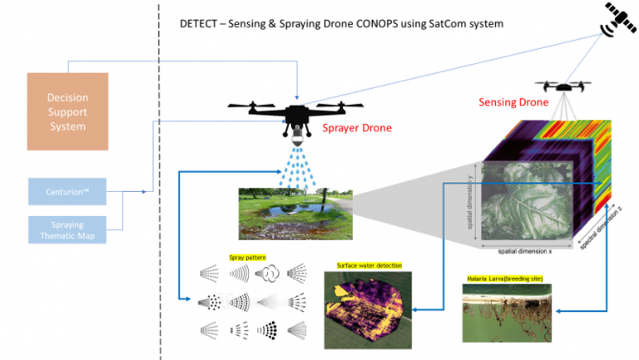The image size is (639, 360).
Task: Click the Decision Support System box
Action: pyautogui.click(x=67, y=111)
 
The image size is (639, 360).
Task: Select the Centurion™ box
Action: pyautogui.click(x=67, y=191)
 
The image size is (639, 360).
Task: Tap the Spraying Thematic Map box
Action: pyautogui.click(x=67, y=230)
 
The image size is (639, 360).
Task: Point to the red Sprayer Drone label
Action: pyautogui.click(x=356, y=128)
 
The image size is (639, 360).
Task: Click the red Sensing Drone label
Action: pyautogui.click(x=513, y=102)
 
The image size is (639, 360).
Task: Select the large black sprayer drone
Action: pyautogui.click(x=296, y=112)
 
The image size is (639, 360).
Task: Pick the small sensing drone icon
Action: pyautogui.click(x=566, y=86)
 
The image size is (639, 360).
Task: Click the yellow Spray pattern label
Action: pyautogui.click(x=247, y=259)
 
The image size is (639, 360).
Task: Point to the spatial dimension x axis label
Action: pyautogui.click(x=524, y=250)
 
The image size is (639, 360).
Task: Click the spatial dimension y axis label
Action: pyautogui.click(x=473, y=204)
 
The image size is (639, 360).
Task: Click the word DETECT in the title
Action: pyautogui.click(x=199, y=23)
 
